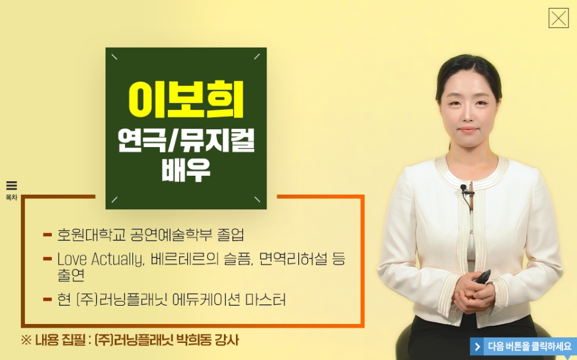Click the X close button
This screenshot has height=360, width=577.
pos(559,18)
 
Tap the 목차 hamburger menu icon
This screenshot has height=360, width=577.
pos(12,185)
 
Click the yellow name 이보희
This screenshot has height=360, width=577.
pos(186,99)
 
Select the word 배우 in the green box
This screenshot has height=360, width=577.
pos(186,170)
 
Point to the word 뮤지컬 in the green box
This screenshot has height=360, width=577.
pos(217,140)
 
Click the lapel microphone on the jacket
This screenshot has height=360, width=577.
pos(464,188)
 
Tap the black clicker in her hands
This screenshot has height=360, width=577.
pos(482,276)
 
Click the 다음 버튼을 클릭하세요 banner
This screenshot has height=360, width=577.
pos(523,347)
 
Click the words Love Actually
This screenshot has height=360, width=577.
pos(99,259)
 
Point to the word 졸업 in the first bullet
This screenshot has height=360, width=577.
pos(231,234)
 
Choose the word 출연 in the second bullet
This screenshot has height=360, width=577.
pos(71,275)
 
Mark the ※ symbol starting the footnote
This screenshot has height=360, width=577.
pos(26,340)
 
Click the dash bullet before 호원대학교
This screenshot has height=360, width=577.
pos(48,234)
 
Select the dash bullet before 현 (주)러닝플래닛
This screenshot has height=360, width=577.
pos(48,299)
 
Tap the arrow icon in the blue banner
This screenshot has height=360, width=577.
pos(478,347)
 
